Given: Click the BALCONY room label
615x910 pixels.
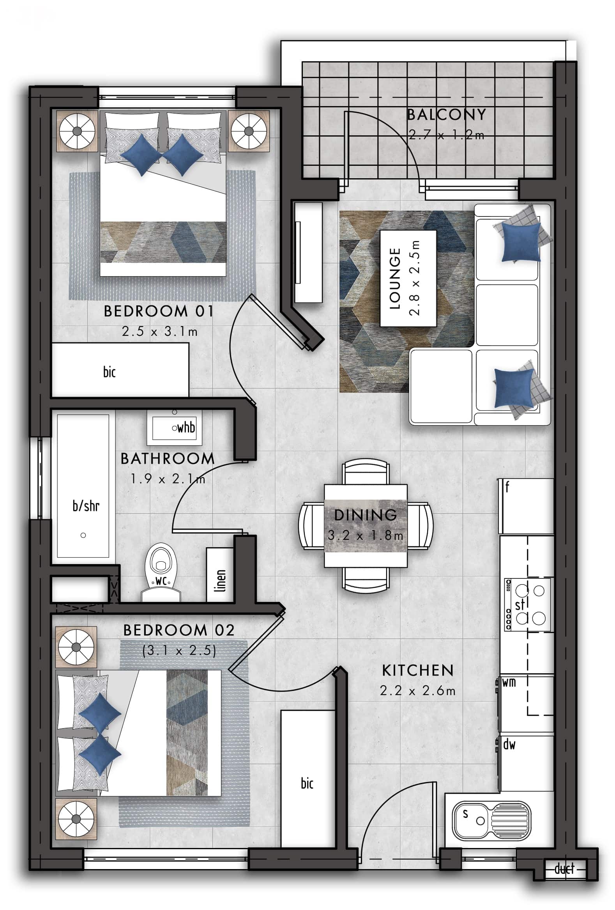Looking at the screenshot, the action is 446,115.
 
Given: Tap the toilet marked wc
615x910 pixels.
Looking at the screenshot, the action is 161,571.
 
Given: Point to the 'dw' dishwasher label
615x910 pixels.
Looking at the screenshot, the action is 509,744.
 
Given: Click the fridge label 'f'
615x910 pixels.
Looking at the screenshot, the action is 507,487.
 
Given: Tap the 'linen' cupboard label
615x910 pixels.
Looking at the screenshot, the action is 221,581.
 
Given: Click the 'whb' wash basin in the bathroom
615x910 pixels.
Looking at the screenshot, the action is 175,428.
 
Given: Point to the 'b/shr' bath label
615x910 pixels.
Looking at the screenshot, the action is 86,506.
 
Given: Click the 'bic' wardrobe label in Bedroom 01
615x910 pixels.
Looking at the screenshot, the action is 110,372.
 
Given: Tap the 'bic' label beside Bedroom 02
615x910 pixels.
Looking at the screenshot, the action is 307,783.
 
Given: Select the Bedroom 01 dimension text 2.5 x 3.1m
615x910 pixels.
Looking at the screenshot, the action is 160,331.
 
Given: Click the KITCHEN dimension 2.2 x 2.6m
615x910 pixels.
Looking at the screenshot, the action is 417,690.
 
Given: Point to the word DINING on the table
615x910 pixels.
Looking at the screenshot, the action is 366,515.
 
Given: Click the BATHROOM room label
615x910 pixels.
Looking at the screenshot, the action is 168,459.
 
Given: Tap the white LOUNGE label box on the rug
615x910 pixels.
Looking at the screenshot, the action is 408,278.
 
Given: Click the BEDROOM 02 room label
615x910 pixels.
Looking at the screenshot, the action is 179,630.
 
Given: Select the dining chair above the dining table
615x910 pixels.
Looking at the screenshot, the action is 366,472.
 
